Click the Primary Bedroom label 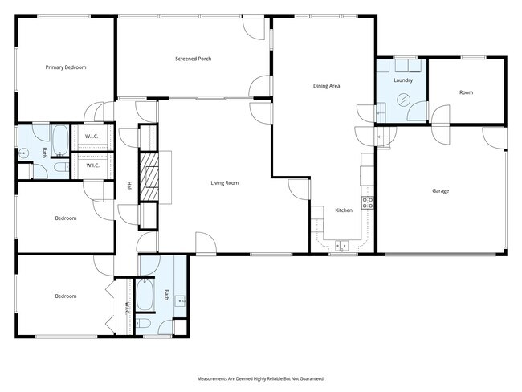(65, 67)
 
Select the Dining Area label (326, 85)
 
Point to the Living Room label (225, 183)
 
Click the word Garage (440, 191)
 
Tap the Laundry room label (402, 81)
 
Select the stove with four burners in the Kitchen (368, 203)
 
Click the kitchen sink (342, 245)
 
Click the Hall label (128, 186)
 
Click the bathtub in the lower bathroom (146, 294)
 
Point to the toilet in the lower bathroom (145, 324)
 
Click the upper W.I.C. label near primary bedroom (92, 136)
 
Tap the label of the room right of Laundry (466, 92)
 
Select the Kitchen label (344, 210)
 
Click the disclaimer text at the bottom (261, 378)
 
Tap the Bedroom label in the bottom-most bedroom (65, 296)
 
